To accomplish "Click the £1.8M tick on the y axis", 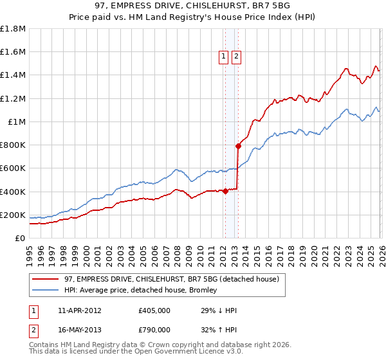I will click(13, 29).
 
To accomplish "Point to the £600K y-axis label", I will click(13, 168).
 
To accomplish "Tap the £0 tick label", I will click(21, 238).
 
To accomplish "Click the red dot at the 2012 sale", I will click(226, 191).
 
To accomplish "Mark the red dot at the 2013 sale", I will click(238, 146).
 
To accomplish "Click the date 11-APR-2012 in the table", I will click(75, 311).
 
